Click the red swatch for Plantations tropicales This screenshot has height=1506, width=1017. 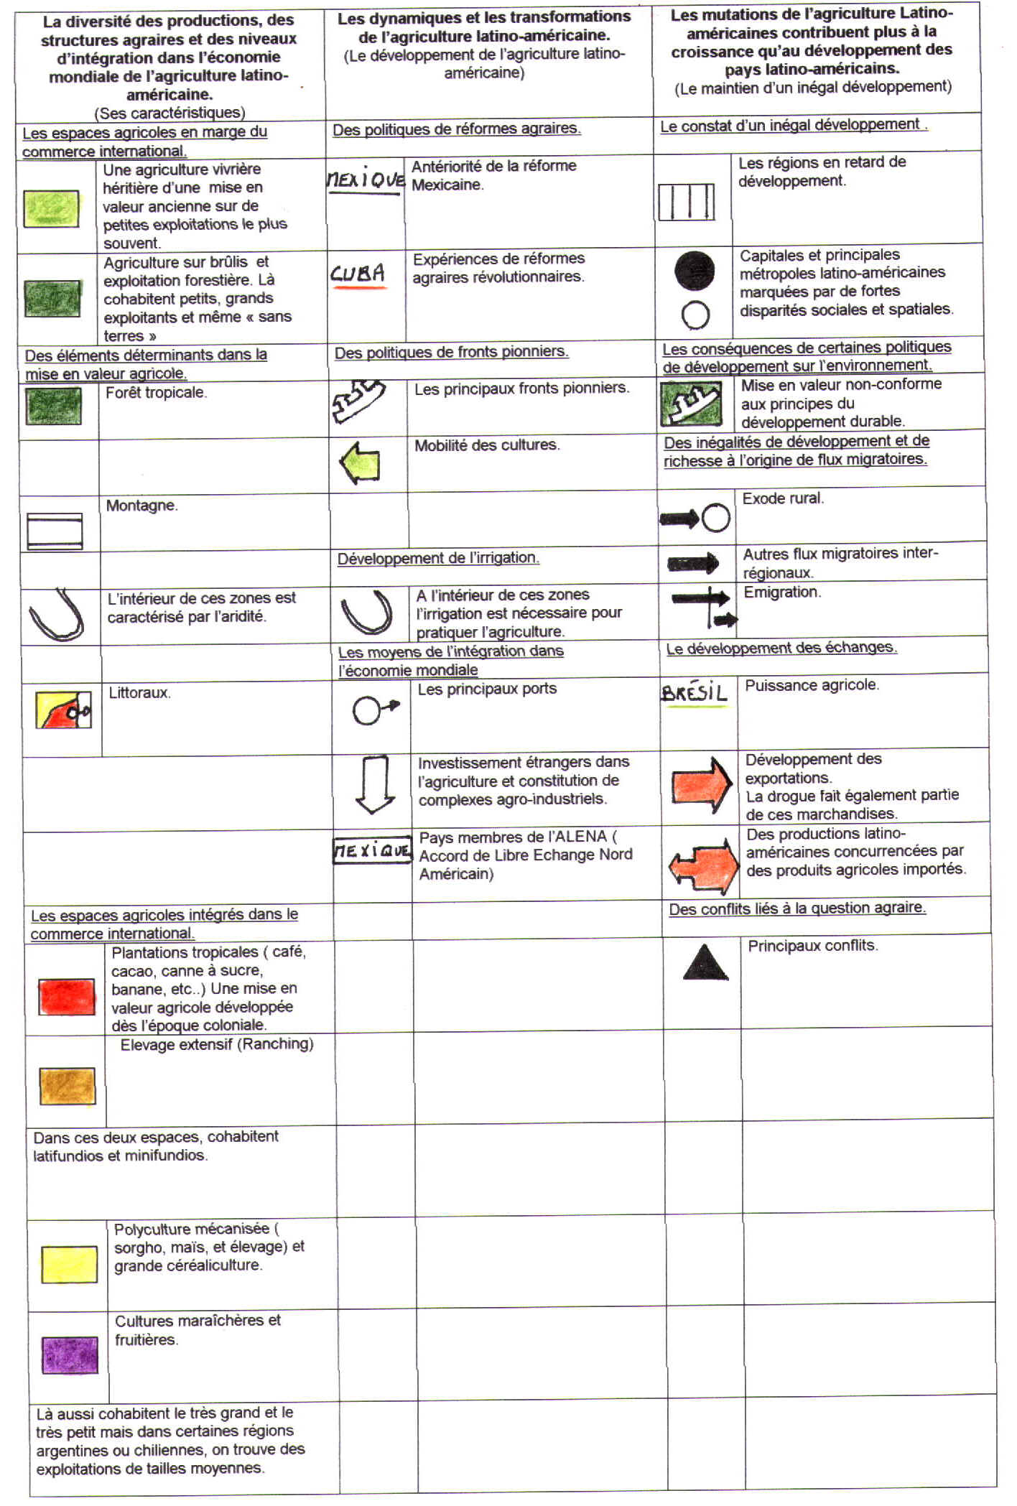pyautogui.click(x=67, y=996)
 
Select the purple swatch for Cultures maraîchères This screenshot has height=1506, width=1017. pyautogui.click(x=70, y=1354)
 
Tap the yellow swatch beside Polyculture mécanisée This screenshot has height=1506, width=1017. pyautogui.click(x=69, y=1264)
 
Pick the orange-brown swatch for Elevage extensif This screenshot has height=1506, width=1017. pyautogui.click(x=68, y=1086)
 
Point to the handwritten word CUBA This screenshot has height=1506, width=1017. pyautogui.click(x=358, y=274)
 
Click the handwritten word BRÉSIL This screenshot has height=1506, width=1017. pyautogui.click(x=694, y=692)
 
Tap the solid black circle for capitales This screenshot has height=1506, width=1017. pyautogui.click(x=695, y=271)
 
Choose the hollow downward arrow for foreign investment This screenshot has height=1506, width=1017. pyautogui.click(x=375, y=784)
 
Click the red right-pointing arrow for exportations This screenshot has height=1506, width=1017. pyautogui.click(x=701, y=784)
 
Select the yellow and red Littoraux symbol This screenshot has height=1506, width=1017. pyautogui.click(x=64, y=710)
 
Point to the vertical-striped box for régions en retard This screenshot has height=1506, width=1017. pyautogui.click(x=686, y=202)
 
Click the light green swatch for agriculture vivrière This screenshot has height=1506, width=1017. pyautogui.click(x=51, y=209)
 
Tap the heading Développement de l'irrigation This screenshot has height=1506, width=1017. pyautogui.click(x=438, y=558)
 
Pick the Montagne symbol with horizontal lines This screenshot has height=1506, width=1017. pyautogui.click(x=55, y=531)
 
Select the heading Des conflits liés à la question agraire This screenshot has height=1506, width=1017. pyautogui.click(x=797, y=908)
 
